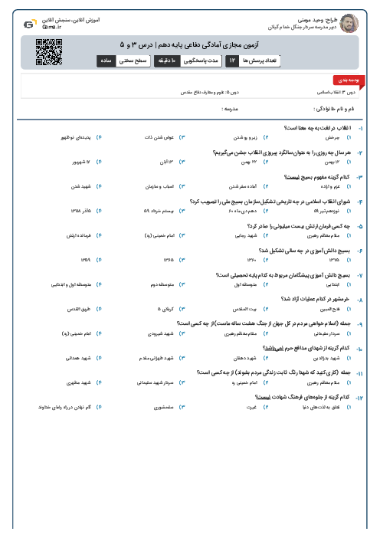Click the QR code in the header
47,51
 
